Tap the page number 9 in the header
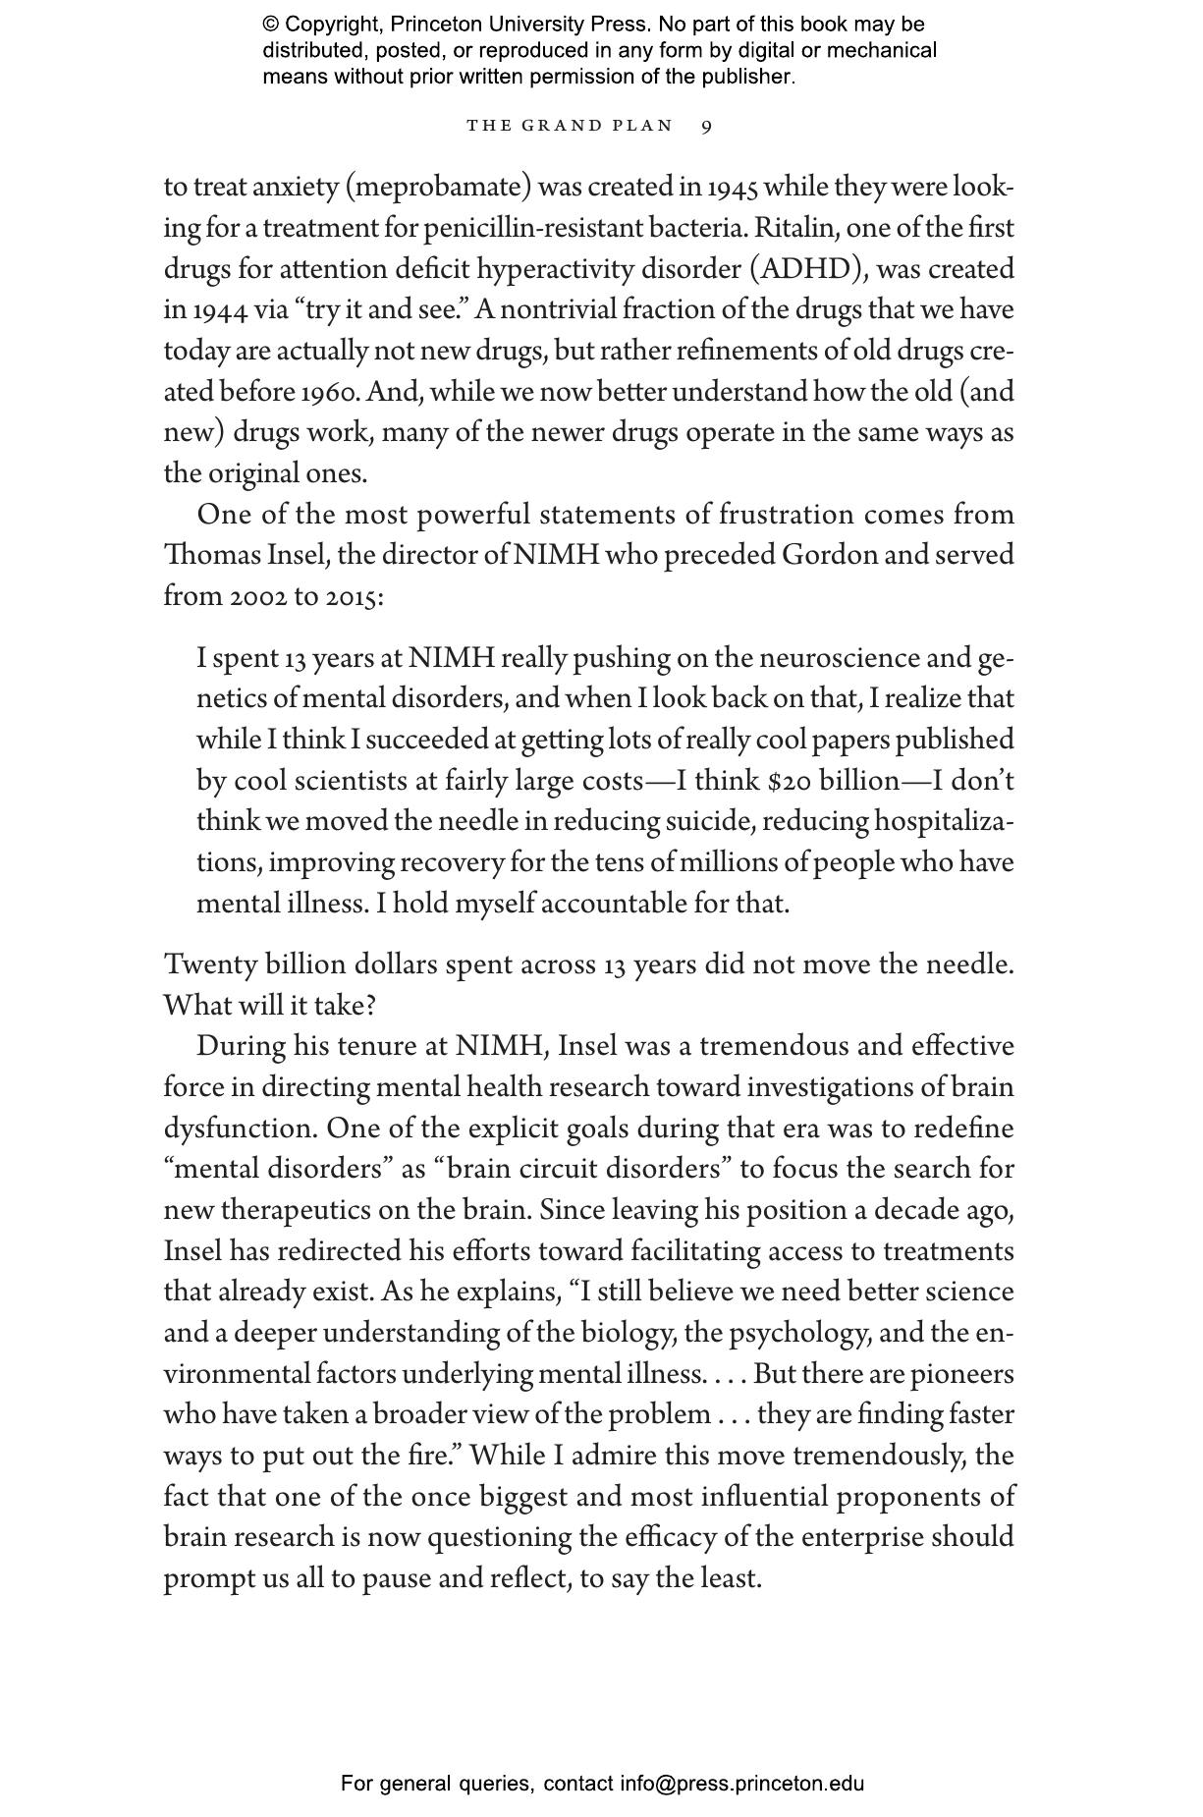(707, 126)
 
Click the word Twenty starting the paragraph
(211, 964)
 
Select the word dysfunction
(240, 1129)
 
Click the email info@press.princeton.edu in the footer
(741, 1784)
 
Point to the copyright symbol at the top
(270, 25)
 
